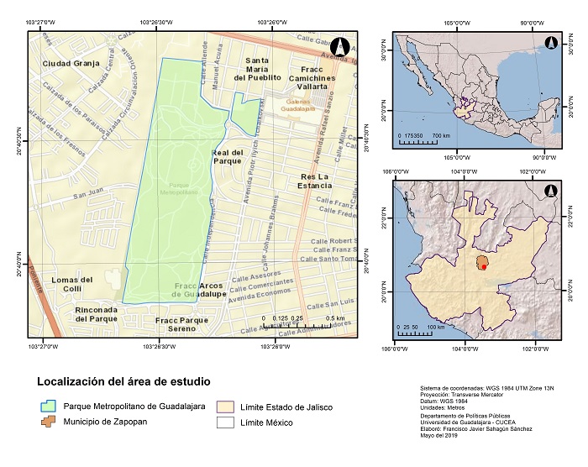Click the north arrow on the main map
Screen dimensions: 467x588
pyautogui.click(x=339, y=47)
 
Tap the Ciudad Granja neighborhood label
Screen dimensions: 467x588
pyautogui.click(x=71, y=63)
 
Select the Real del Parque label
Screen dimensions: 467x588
pyautogui.click(x=227, y=156)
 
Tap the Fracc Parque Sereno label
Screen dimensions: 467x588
pyautogui.click(x=181, y=324)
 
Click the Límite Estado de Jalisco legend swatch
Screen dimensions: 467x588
pyautogui.click(x=227, y=407)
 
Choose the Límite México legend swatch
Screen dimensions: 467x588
pyautogui.click(x=227, y=422)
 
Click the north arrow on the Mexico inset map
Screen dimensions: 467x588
pyautogui.click(x=551, y=43)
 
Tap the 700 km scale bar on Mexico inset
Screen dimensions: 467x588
pyautogui.click(x=425, y=140)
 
